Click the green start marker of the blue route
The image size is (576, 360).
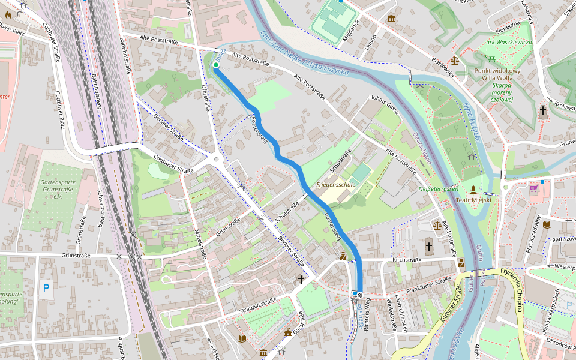pos(215,65)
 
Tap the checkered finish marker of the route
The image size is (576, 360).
pos(359,295)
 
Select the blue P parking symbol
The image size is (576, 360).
pos(46,289)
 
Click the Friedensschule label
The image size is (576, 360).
pos(336,184)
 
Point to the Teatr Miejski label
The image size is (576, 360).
pos(473,200)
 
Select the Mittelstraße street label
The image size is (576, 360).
pos(201,244)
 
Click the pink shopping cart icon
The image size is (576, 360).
pos(533,188)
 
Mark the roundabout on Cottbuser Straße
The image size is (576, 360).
pos(217,160)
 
